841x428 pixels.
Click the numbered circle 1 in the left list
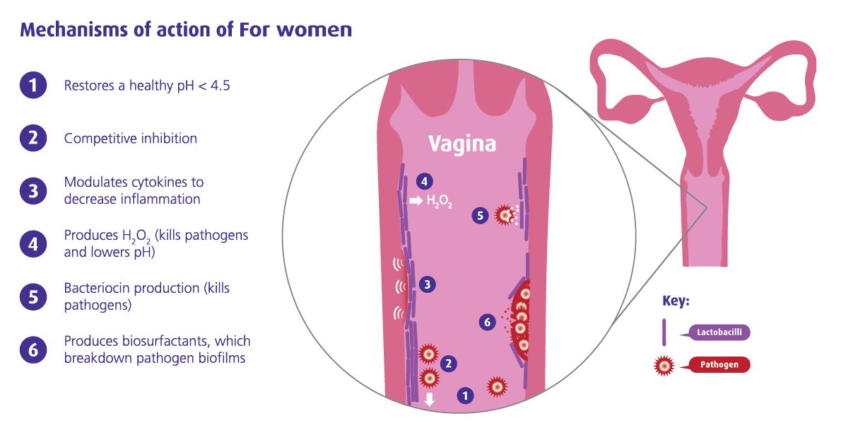click(x=33, y=86)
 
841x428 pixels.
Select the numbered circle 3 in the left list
click(x=33, y=191)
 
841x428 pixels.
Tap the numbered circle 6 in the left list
click(x=33, y=350)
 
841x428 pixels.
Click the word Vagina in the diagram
click(x=461, y=144)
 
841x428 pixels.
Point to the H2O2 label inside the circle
click(x=440, y=202)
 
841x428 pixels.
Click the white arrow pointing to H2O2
click(x=416, y=202)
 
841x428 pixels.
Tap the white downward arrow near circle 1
click(x=429, y=399)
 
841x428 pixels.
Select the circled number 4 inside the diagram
click(x=424, y=182)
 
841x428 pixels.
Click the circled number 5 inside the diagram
click(x=480, y=216)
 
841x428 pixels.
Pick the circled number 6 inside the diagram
click(x=487, y=322)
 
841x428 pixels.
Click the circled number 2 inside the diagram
click(x=448, y=364)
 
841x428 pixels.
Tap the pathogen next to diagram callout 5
click(x=504, y=215)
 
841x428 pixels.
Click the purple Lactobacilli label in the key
click(x=719, y=332)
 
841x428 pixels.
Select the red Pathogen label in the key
click(x=719, y=365)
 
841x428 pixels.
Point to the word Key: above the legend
click(x=676, y=301)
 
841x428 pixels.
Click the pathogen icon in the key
click(x=664, y=366)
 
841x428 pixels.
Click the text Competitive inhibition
click(x=130, y=139)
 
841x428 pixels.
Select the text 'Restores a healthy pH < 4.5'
click(x=147, y=86)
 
